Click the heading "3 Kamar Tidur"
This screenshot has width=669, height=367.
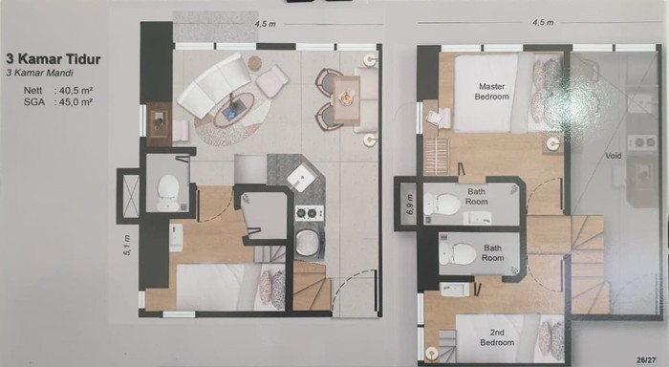[x=54, y=59]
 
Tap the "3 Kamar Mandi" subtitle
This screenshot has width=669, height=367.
[x=40, y=73]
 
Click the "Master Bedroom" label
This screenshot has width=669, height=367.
[x=491, y=92]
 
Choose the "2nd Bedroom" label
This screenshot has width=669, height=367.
[x=497, y=337]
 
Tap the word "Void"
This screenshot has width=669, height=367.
[x=614, y=156]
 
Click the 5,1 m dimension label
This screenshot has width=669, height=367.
[x=127, y=246]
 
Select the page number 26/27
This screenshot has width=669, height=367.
[x=646, y=360]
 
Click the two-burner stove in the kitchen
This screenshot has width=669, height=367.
[x=310, y=213]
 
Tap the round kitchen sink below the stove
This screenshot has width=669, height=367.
[x=307, y=243]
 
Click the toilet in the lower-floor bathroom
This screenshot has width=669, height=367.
[x=167, y=192]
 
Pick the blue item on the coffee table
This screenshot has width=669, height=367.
[x=232, y=114]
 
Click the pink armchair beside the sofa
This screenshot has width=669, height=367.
[x=272, y=80]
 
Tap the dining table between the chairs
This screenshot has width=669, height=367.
[x=346, y=100]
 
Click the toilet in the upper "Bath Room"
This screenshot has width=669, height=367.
[x=442, y=205]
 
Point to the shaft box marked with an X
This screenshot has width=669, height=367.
[x=131, y=196]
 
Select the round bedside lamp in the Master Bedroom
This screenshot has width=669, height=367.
[x=553, y=143]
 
